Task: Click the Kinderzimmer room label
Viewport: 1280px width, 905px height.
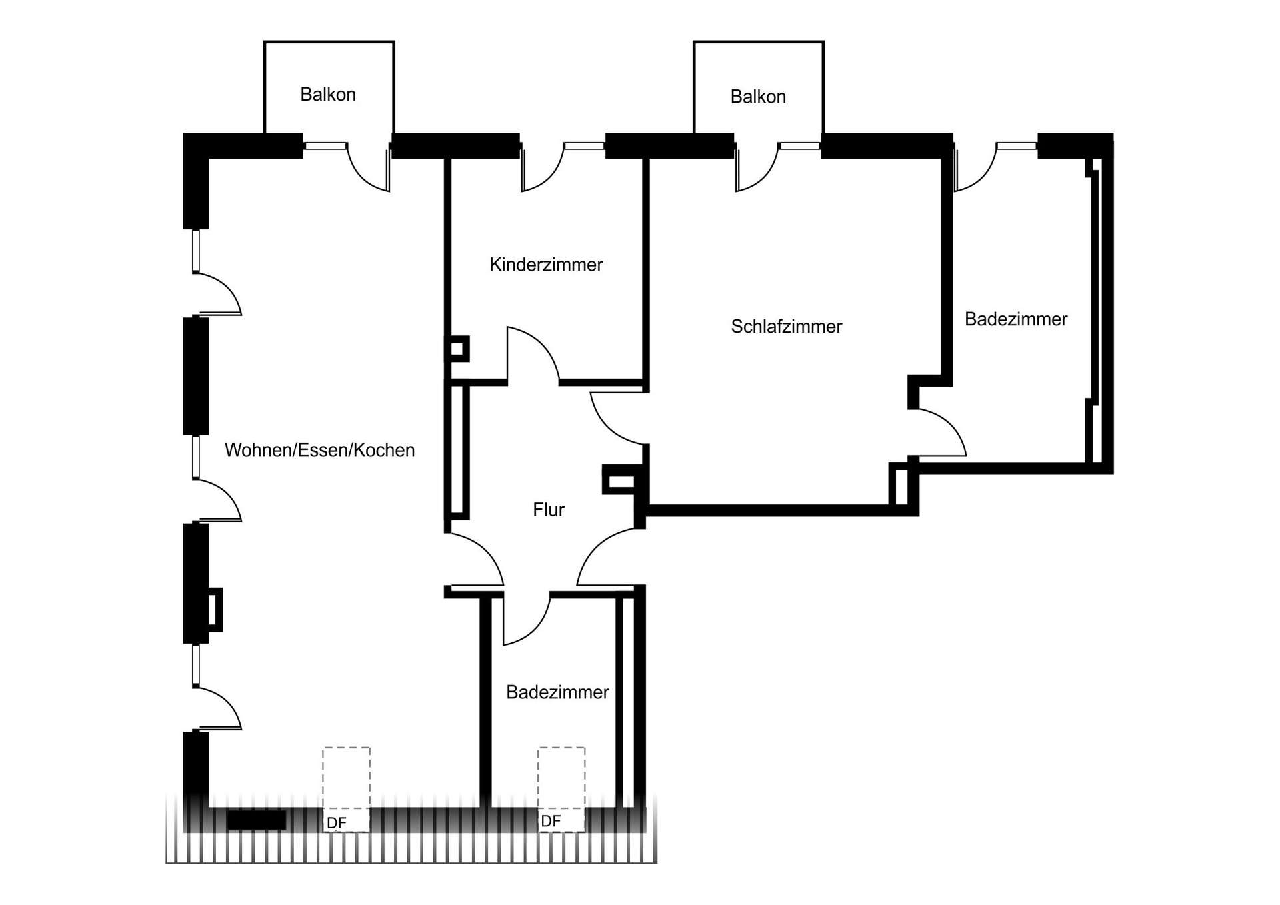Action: [546, 265]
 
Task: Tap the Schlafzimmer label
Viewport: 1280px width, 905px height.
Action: [786, 327]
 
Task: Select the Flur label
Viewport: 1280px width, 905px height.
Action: [548, 510]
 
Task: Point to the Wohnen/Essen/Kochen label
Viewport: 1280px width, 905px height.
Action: [319, 450]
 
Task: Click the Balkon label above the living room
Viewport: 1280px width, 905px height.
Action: [327, 95]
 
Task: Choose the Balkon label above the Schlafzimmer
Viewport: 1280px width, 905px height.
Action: [758, 97]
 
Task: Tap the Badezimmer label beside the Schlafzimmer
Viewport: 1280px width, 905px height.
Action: [1015, 319]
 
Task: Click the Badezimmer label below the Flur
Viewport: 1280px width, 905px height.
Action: [557, 692]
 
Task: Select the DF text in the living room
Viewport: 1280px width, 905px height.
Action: [337, 823]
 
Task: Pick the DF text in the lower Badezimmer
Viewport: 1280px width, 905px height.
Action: [551, 821]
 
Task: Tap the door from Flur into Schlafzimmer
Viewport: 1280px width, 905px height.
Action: [617, 419]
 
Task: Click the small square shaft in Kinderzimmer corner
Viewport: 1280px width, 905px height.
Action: [457, 349]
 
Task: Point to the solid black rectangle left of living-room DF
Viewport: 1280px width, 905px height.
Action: [256, 820]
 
